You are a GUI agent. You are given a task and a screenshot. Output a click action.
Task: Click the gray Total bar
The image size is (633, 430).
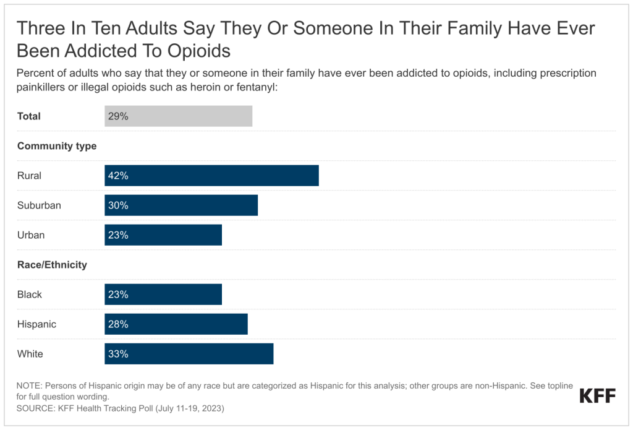coord(179,116)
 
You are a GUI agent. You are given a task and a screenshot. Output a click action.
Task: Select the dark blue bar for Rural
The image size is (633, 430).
coord(211,175)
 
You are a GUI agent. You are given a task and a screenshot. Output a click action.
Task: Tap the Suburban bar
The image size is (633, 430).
coord(181,205)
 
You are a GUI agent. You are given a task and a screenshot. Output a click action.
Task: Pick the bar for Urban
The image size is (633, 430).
coord(163,235)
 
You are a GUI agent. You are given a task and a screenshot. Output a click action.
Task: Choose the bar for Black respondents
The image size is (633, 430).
coord(163,295)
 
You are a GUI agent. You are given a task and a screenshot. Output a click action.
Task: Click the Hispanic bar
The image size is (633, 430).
coord(176,324)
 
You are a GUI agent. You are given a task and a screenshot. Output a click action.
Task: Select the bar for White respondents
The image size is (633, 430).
coord(189,354)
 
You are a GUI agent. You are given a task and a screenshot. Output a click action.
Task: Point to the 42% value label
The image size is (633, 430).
coord(118,176)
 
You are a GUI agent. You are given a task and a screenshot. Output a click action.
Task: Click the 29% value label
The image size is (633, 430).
coord(118,116)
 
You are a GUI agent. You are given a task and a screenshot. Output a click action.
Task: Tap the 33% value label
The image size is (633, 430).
coord(118,354)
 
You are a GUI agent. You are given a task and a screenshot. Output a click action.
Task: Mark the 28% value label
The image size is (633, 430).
coord(118,324)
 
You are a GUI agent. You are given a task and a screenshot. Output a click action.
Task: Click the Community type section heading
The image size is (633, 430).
coord(57,146)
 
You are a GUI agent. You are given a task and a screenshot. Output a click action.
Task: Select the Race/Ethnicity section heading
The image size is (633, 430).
coord(52,265)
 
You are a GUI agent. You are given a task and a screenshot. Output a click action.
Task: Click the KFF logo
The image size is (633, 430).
coord(598,396)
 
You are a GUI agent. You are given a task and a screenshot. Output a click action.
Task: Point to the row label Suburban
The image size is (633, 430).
coord(39,205)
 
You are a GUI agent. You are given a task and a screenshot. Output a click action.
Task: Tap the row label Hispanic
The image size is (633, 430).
coord(36,324)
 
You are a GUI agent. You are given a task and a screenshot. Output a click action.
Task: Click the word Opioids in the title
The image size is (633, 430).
coord(199,51)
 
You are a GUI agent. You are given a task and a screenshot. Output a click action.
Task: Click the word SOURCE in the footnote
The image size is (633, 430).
coord(35,408)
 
